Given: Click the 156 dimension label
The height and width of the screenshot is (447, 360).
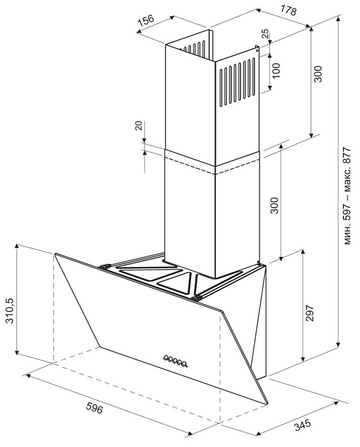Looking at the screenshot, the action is click(x=146, y=21).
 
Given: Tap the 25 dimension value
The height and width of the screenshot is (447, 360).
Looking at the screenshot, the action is click(x=265, y=34).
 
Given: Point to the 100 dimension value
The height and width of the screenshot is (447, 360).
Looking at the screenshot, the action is click(x=276, y=71).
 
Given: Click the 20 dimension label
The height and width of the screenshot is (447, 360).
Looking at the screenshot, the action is click(x=138, y=126).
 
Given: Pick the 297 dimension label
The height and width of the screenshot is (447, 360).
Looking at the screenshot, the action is click(x=309, y=313).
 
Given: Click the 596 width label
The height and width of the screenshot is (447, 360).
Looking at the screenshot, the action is click(x=94, y=408).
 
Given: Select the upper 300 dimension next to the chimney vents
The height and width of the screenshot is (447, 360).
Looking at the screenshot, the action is click(x=318, y=74).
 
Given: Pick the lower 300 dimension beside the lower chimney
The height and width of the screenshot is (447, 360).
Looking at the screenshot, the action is click(x=274, y=205).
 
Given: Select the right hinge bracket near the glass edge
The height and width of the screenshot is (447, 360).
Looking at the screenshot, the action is click(x=196, y=298).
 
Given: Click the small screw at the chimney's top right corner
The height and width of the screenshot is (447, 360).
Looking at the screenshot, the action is click(x=257, y=51).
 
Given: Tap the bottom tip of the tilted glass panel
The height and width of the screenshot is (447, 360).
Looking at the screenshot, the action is click(x=268, y=403).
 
